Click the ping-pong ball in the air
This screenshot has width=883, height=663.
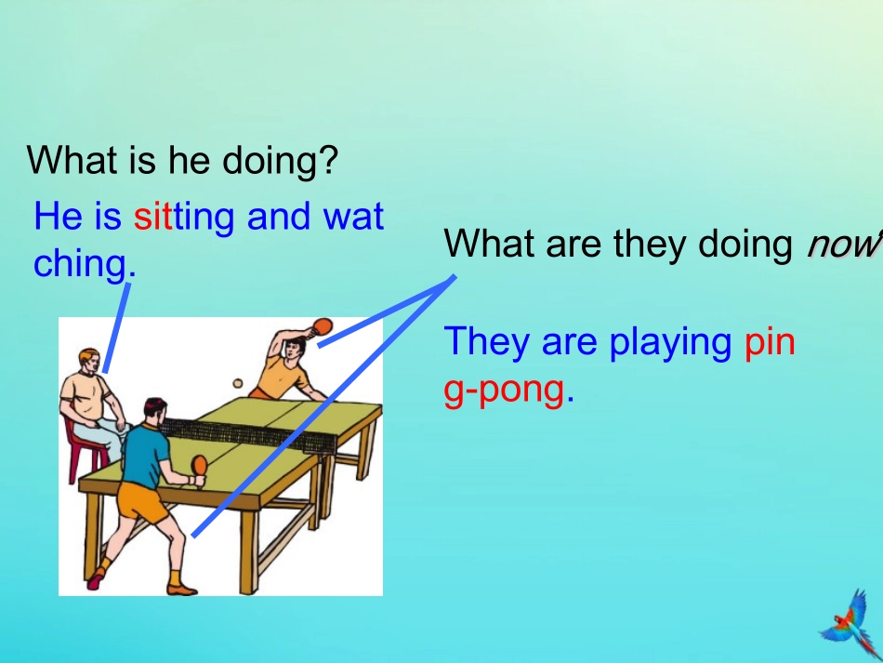pyautogui.click(x=237, y=382)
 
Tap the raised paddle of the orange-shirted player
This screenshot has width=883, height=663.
pyautogui.click(x=323, y=325)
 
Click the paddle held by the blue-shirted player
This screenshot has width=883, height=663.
pyautogui.click(x=199, y=464)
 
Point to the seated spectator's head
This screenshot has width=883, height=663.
pyautogui.click(x=88, y=361)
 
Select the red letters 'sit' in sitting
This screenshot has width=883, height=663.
pyautogui.click(x=152, y=217)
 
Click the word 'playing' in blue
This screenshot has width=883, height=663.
pyautogui.click(x=670, y=342)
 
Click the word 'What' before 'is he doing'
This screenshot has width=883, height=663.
pyautogui.click(x=72, y=161)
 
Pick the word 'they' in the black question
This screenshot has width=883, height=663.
pyautogui.click(x=652, y=244)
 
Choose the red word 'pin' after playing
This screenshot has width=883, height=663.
pyautogui.click(x=770, y=342)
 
